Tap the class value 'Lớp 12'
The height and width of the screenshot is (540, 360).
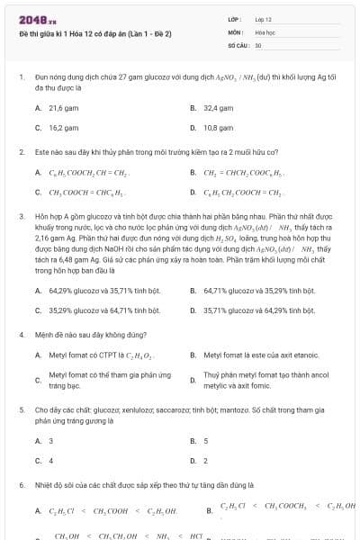click(x=263, y=19)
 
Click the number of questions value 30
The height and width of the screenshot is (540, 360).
click(x=258, y=44)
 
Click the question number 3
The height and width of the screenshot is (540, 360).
click(x=21, y=217)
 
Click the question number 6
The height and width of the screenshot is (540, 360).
click(x=21, y=484)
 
